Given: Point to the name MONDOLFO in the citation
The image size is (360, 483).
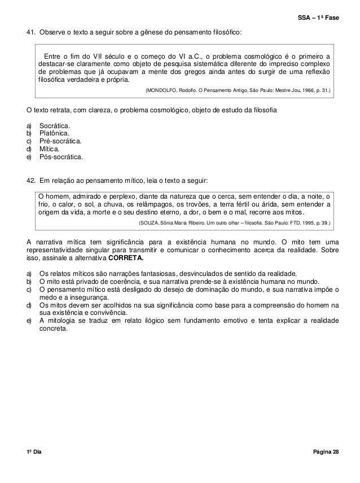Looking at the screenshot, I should pyautogui.click(x=163, y=90).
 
